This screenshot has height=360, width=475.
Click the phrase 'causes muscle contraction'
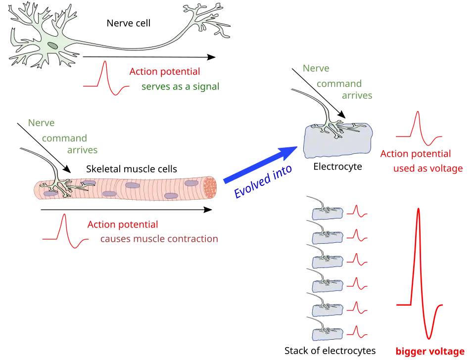tap(158, 239)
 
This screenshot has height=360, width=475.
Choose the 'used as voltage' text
tap(427, 169)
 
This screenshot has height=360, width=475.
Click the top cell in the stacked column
tap(328, 213)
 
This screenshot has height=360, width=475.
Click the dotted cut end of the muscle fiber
tap(211, 188)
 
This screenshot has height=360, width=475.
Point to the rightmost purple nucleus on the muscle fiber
tap(191, 183)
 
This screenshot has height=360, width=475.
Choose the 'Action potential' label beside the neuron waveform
tap(165, 72)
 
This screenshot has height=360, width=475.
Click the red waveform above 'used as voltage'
tap(419, 128)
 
